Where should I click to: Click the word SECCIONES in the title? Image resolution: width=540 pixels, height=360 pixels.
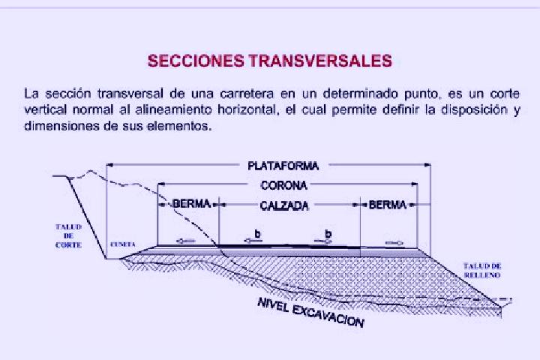(196, 61)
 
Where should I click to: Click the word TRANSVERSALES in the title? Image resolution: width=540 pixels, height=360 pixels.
(320, 61)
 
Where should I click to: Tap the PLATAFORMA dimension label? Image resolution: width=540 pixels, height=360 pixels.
(283, 166)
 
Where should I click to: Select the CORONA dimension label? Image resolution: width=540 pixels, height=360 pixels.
(283, 185)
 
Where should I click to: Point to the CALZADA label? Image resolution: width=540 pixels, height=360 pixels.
(284, 205)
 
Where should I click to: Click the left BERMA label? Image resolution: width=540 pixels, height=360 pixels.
(191, 203)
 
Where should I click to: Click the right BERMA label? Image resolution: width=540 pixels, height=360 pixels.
(388, 205)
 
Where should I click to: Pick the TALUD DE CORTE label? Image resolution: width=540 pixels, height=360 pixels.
(68, 236)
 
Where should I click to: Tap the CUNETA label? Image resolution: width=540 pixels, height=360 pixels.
(123, 244)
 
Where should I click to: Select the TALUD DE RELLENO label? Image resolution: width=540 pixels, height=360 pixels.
(482, 271)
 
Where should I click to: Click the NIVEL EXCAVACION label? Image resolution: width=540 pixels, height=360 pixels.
(310, 312)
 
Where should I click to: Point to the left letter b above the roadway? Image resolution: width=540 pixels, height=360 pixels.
(257, 234)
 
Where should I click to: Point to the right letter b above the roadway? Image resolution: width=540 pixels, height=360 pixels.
(328, 234)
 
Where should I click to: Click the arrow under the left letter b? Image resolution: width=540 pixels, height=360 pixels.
(253, 241)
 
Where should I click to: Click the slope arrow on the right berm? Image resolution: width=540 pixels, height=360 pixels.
(394, 243)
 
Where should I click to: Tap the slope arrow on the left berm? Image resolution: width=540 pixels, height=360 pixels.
(185, 241)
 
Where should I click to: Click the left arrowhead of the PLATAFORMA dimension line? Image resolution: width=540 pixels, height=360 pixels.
(109, 165)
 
